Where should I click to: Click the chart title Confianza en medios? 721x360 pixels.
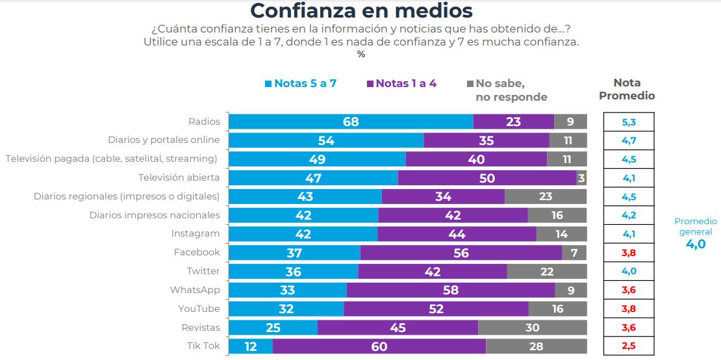[x=361, y=12]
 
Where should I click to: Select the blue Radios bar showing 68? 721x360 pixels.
[x=351, y=122]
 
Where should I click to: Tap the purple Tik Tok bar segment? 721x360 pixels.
[x=379, y=346]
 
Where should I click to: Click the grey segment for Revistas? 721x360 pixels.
[x=532, y=328]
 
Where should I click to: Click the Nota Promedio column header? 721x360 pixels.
[x=626, y=90]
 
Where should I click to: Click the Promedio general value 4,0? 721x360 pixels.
[x=695, y=244]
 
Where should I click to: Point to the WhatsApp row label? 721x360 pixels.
[x=195, y=290]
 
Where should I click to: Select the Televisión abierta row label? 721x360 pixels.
[x=179, y=177]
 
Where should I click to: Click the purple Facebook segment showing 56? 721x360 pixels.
[x=461, y=253]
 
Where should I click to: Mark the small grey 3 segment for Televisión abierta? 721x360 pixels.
[x=581, y=178]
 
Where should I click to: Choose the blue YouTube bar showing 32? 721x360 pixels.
[x=286, y=309]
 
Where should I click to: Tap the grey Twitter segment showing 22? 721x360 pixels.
[x=547, y=272]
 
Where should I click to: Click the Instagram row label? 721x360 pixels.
[x=195, y=234]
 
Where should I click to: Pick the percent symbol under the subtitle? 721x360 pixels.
[x=361, y=54]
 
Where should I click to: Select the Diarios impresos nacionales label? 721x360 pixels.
[x=154, y=215]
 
